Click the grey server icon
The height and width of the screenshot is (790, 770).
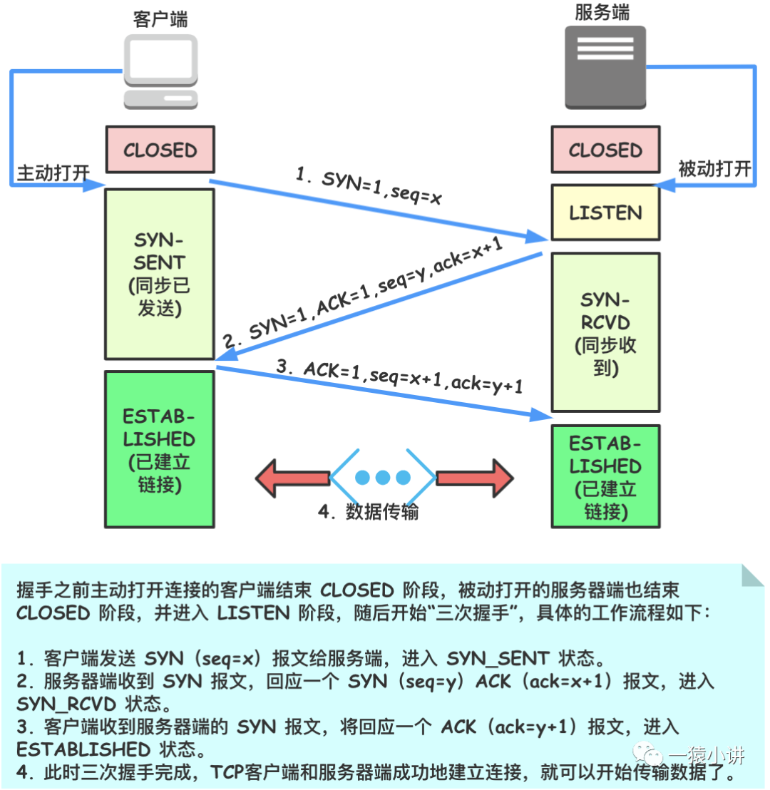[605, 68]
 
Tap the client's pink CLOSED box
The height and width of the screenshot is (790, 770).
[160, 150]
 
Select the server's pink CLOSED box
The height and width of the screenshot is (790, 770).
[605, 150]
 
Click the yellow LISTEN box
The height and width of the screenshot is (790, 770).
[605, 212]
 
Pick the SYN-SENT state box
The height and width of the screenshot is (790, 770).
[160, 274]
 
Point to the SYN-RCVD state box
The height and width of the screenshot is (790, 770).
[605, 332]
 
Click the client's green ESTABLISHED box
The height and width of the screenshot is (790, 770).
[160, 446]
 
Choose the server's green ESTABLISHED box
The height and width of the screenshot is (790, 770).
[605, 476]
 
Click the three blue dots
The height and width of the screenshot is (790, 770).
[383, 477]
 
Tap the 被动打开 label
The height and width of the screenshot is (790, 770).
[714, 169]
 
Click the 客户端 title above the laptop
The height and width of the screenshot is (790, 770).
[160, 19]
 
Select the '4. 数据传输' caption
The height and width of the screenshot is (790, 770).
[369, 512]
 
